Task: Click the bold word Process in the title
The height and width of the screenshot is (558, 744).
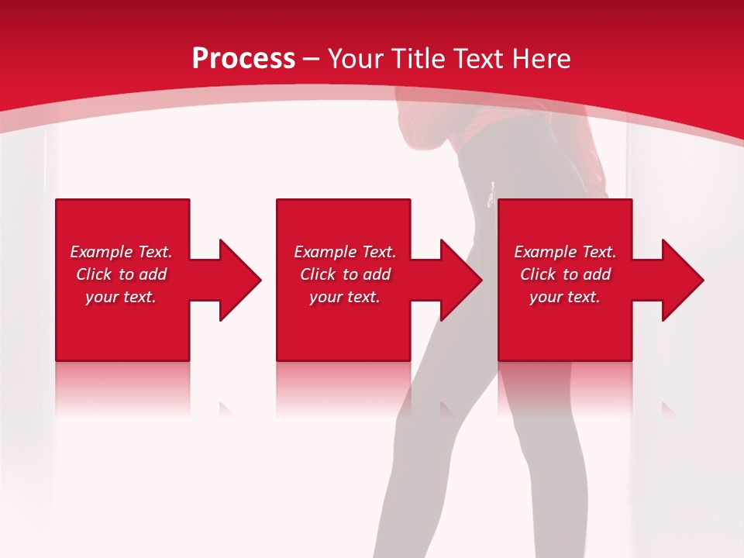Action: pyautogui.click(x=243, y=59)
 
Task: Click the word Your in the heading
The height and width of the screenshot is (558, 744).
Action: pyautogui.click(x=356, y=59)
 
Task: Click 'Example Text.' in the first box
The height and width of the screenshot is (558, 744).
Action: pyautogui.click(x=121, y=252)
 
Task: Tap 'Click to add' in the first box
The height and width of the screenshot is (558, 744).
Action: pyautogui.click(x=121, y=274)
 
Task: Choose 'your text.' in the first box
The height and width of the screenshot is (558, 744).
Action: pyautogui.click(x=121, y=297)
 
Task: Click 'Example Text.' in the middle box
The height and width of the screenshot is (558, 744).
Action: pyautogui.click(x=345, y=252)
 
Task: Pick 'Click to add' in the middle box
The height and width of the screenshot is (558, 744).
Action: pyautogui.click(x=345, y=274)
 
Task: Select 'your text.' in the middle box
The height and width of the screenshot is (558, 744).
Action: pyautogui.click(x=345, y=297)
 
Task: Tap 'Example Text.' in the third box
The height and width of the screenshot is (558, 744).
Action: pyautogui.click(x=565, y=252)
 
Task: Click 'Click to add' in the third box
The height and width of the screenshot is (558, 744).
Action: pyautogui.click(x=565, y=274)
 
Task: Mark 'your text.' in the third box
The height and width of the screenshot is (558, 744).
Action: pyautogui.click(x=565, y=297)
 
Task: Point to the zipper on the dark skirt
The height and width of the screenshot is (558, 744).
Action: pyautogui.click(x=491, y=195)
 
